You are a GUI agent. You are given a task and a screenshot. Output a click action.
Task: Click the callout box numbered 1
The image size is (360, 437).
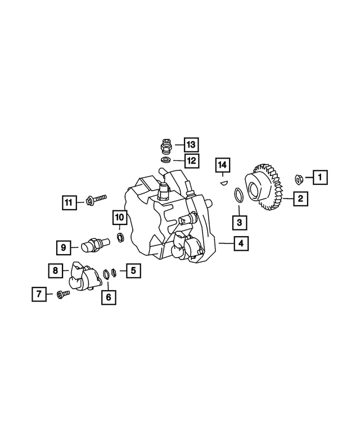coord(320,178)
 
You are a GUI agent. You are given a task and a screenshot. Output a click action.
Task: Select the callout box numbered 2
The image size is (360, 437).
coord(301,199)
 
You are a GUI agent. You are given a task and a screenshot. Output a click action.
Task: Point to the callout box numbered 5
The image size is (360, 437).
coord(133,271)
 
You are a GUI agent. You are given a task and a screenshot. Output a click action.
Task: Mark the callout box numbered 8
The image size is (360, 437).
coord(56,271)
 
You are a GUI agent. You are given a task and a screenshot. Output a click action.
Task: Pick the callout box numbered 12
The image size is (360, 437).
coord(191,160)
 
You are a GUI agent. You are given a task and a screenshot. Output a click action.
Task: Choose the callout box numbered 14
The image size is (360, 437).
coord(223,165)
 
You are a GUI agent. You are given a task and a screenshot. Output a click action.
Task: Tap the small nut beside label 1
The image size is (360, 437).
coord(300,179)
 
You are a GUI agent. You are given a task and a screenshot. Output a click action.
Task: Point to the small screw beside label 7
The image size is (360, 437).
coord(62,293)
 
